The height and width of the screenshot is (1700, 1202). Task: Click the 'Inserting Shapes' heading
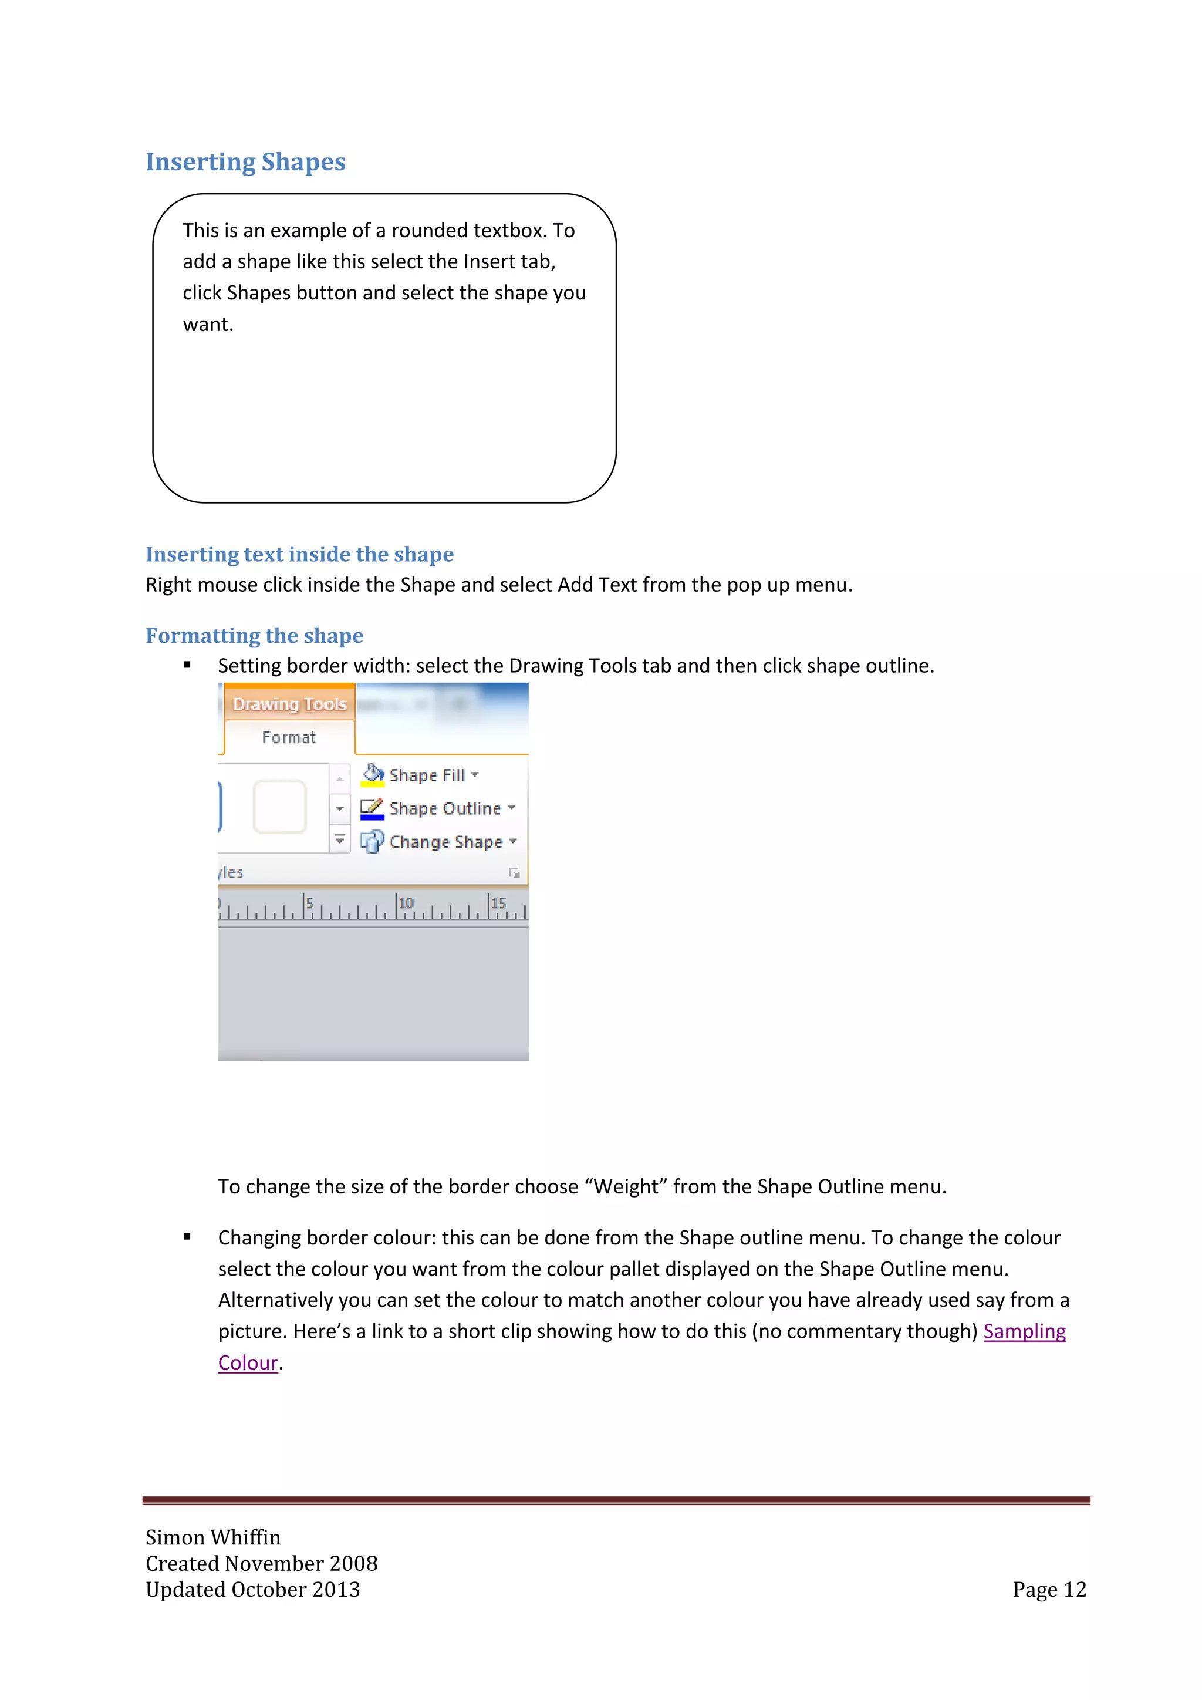pos(245,162)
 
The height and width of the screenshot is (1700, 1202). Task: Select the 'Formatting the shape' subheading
pos(254,635)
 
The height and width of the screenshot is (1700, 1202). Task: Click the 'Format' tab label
pos(289,737)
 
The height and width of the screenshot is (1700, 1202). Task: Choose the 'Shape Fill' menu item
pos(427,775)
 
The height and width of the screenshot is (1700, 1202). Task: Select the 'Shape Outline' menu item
pos(445,808)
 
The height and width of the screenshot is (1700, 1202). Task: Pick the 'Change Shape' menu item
pos(445,842)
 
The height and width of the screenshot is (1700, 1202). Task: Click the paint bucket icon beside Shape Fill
pos(372,774)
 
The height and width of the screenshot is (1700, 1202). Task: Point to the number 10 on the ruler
pos(406,903)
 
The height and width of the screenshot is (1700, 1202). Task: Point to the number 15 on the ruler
pos(498,903)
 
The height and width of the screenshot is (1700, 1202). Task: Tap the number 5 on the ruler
pos(310,903)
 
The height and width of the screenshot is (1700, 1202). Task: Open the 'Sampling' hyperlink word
pos(1024,1331)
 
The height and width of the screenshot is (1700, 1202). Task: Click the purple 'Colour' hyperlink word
pos(248,1362)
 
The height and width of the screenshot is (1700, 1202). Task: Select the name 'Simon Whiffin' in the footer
pos(213,1537)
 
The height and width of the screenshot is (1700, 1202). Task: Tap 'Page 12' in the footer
pos(1049,1589)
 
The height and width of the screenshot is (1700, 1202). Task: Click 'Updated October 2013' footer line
pos(252,1589)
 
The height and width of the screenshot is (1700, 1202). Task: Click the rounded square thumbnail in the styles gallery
pos(280,807)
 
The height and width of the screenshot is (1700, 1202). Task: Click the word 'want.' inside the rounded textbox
pos(208,324)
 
